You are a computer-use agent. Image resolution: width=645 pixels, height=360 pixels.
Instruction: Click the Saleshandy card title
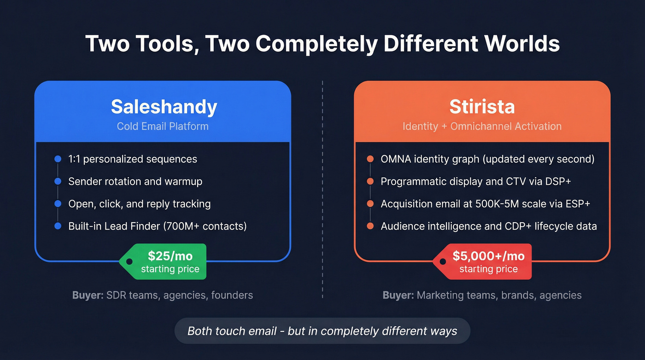click(x=164, y=107)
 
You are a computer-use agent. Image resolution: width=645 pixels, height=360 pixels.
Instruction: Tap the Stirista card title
click(x=482, y=107)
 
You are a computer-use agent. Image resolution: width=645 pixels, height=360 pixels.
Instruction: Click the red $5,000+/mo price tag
click(x=486, y=261)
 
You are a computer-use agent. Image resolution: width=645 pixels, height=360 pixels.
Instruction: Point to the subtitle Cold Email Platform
click(x=163, y=126)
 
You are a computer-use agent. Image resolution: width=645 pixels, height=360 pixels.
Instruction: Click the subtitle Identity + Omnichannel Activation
click(x=482, y=126)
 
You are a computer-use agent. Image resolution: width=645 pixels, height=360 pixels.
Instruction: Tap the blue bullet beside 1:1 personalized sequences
click(x=58, y=159)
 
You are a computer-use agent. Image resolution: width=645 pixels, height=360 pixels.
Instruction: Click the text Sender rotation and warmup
click(x=135, y=181)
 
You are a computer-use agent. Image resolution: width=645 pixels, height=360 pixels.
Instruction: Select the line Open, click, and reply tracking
click(x=139, y=204)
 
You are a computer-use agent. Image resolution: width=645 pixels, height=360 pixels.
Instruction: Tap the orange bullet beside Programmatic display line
click(x=370, y=182)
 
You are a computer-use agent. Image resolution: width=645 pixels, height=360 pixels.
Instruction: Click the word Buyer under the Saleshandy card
click(x=88, y=295)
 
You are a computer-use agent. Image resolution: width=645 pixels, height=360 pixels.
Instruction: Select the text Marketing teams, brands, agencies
click(x=499, y=295)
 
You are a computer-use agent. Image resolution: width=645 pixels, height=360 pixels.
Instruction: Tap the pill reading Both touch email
click(x=322, y=331)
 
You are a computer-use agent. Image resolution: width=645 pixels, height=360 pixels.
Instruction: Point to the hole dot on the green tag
click(x=129, y=261)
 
